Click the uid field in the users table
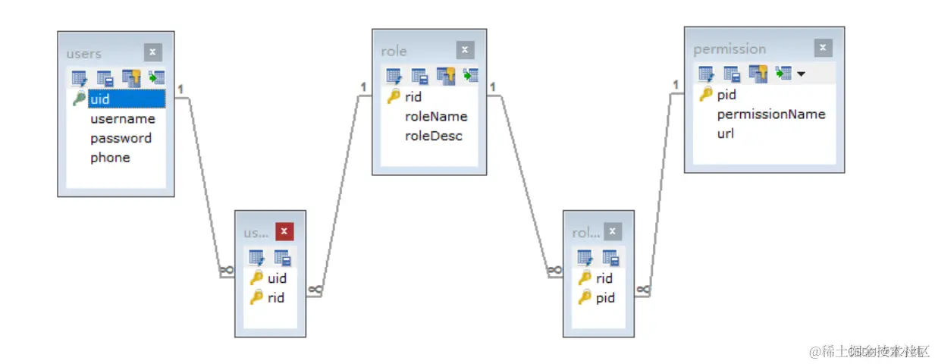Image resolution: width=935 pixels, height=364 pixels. pyautogui.click(x=100, y=99)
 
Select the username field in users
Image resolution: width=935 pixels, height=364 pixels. pyautogui.click(x=122, y=119)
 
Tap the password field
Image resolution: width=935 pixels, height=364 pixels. pyautogui.click(x=121, y=138)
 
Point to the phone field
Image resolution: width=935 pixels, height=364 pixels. pyautogui.click(x=110, y=158)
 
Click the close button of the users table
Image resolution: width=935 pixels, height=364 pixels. pyautogui.click(x=152, y=52)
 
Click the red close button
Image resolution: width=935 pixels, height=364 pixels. pyautogui.click(x=284, y=231)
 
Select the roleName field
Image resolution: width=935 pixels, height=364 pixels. pyautogui.click(x=436, y=116)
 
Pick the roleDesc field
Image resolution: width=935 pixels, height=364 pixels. pyautogui.click(x=434, y=136)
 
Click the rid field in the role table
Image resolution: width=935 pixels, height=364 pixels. pyautogui.click(x=413, y=97)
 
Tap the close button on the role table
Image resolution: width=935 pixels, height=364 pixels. pyautogui.click(x=465, y=50)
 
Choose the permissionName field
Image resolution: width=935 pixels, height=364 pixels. pyautogui.click(x=770, y=115)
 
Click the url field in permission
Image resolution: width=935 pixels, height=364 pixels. pyautogui.click(x=725, y=133)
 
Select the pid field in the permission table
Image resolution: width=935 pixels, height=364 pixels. pyautogui.click(x=726, y=95)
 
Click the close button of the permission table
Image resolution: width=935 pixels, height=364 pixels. pyautogui.click(x=823, y=48)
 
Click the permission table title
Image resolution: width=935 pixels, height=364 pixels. pyautogui.click(x=729, y=49)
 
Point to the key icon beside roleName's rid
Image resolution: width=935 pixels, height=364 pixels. pyautogui.click(x=394, y=96)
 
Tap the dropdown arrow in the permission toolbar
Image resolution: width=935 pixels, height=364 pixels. pyautogui.click(x=801, y=74)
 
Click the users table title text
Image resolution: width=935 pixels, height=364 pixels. pyautogui.click(x=83, y=53)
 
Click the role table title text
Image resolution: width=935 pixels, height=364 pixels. pyautogui.click(x=394, y=51)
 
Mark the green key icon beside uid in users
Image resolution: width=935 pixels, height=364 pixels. pyautogui.click(x=79, y=99)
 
